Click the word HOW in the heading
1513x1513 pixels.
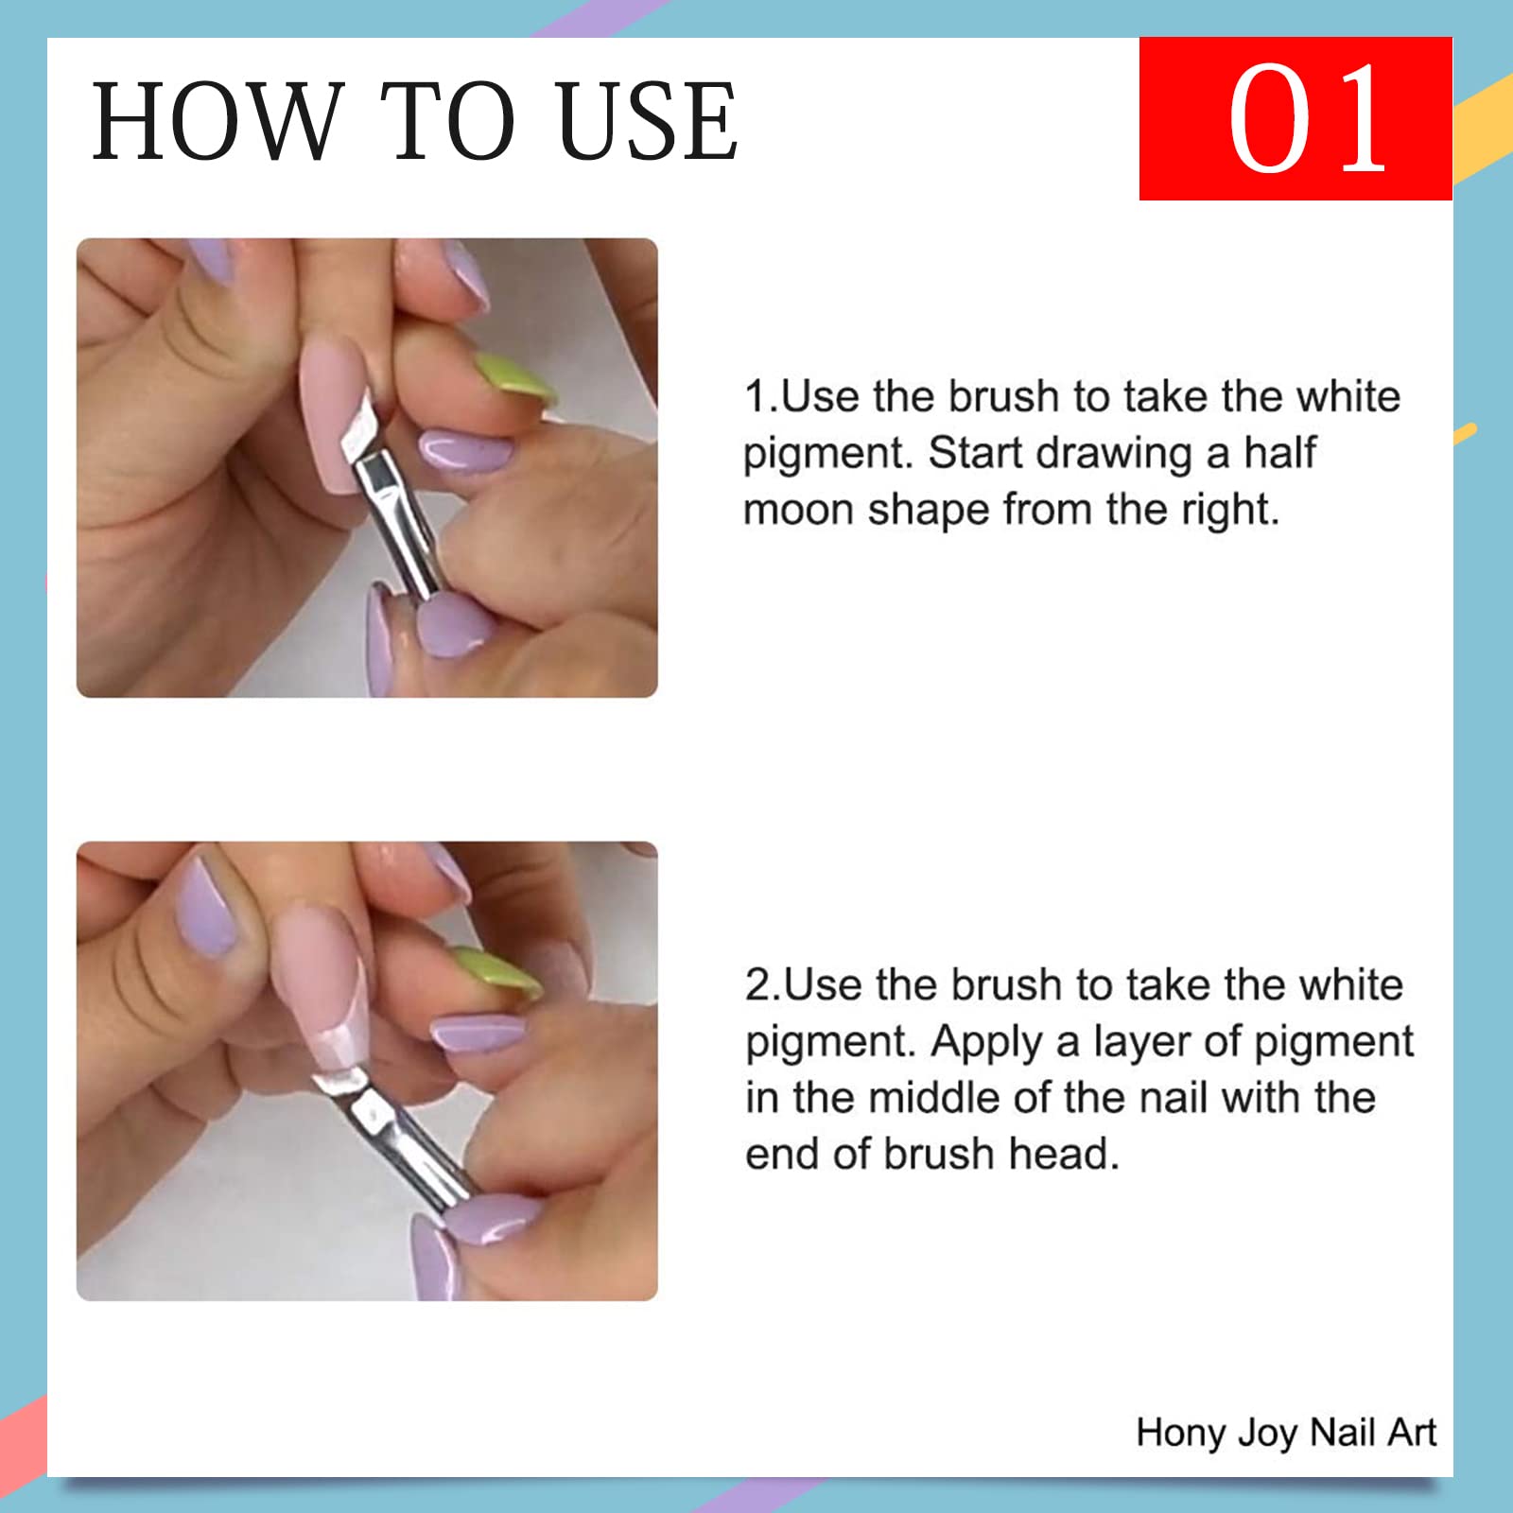click(x=216, y=121)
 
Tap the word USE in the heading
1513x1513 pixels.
click(x=647, y=121)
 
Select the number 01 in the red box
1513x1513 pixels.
click(x=1307, y=119)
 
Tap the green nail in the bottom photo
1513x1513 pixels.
click(x=496, y=972)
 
